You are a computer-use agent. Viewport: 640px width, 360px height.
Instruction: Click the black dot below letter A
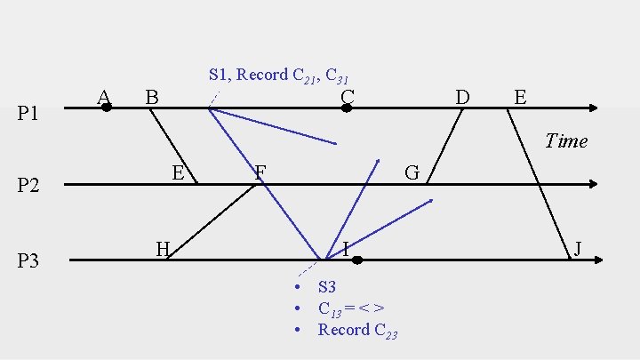coord(107,108)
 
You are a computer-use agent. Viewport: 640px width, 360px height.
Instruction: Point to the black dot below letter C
coord(347,108)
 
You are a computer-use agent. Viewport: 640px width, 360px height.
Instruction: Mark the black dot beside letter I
coord(356,260)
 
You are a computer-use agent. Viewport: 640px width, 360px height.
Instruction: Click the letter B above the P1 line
coord(152,96)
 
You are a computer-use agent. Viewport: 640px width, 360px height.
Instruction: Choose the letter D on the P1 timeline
coord(462,95)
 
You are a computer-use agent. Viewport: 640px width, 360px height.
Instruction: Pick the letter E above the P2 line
coord(178,172)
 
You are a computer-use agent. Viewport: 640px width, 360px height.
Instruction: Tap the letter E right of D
coord(520,95)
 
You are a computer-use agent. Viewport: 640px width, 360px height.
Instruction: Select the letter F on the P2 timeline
coord(260,172)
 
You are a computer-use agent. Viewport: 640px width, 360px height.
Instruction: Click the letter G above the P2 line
coord(412,172)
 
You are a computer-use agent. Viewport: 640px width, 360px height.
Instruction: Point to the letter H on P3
coord(163,248)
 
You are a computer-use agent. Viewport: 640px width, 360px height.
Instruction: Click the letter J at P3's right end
coord(578,248)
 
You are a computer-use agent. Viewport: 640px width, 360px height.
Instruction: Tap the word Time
coord(566,140)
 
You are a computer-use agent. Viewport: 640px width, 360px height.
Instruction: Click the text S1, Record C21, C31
coord(284,76)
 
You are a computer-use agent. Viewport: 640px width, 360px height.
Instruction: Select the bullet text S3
coord(327,287)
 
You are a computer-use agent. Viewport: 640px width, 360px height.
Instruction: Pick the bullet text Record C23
coord(357,330)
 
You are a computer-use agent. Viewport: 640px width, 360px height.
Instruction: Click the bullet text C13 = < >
coord(351,308)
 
